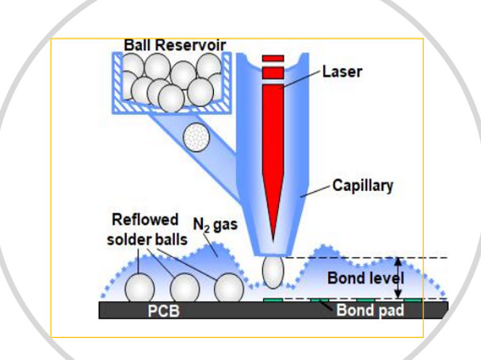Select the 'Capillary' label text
coord(365,186)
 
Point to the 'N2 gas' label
coord(214,226)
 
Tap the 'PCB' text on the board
coord(165,311)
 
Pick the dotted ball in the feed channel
coord(195,138)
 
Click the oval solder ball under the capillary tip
coord(272,272)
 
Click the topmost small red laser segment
coord(273,58)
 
